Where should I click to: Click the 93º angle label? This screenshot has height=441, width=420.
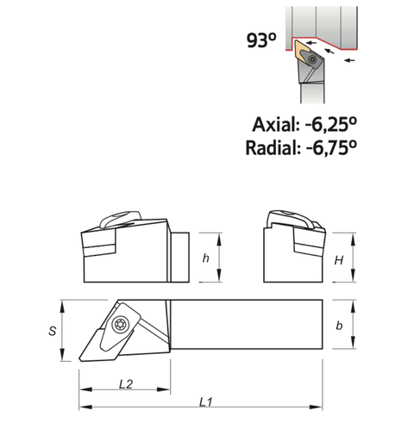[260, 41]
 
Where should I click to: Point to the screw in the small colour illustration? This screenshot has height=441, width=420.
[309, 59]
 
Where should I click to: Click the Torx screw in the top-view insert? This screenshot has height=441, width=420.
[119, 323]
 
